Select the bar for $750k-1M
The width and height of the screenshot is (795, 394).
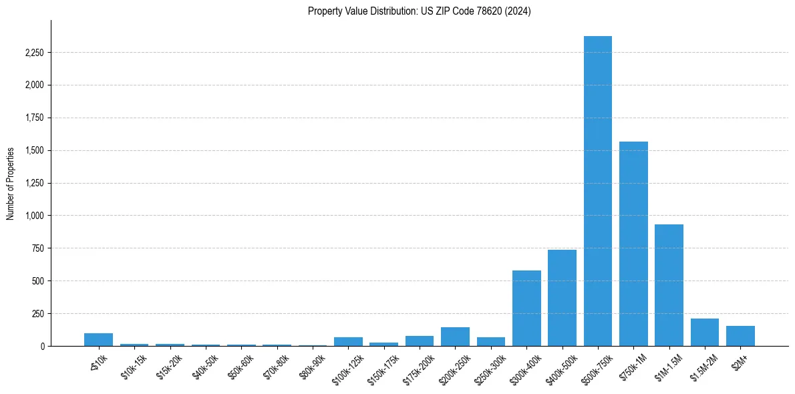tap(633, 244)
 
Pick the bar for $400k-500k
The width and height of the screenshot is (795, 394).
tap(562, 298)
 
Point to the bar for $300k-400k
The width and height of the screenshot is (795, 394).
tap(526, 308)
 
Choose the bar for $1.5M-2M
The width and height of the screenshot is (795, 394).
tap(705, 333)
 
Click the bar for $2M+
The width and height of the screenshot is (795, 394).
tap(740, 336)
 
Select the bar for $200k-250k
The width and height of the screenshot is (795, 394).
tap(455, 337)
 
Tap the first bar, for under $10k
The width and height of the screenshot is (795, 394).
tap(98, 339)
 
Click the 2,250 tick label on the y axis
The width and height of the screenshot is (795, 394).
tap(33, 53)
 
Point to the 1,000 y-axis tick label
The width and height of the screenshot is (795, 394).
tap(33, 216)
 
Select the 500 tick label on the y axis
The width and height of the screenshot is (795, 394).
tap(37, 281)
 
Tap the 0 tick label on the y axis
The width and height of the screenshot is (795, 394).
tap(43, 346)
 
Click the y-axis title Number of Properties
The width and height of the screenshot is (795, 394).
tap(11, 184)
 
